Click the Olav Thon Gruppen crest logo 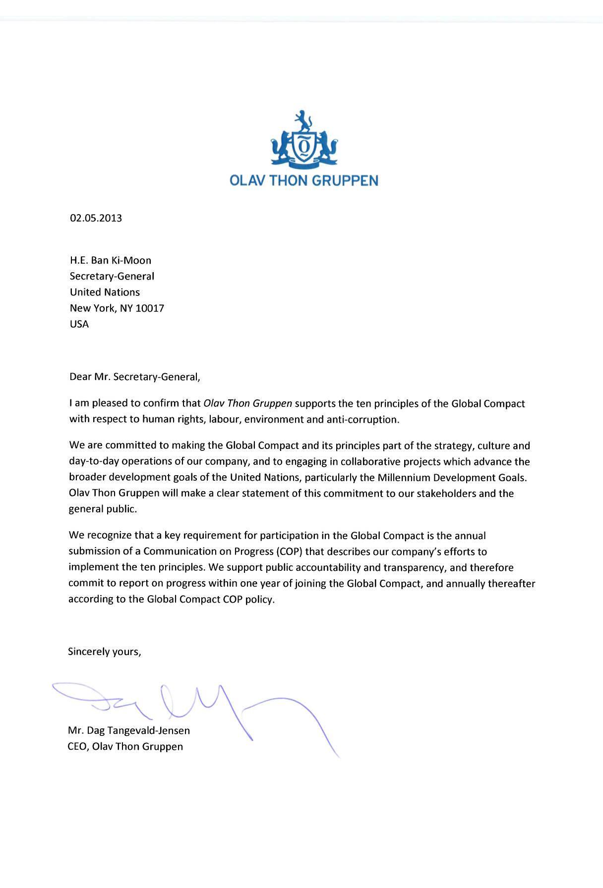coord(304,139)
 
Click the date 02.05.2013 coord(96,218)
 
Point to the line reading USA coord(79,325)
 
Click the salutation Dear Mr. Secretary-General coord(135,377)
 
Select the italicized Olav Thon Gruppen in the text coord(247,403)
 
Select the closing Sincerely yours coord(105,652)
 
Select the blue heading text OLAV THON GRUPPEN coord(304,180)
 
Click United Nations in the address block coord(105,292)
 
